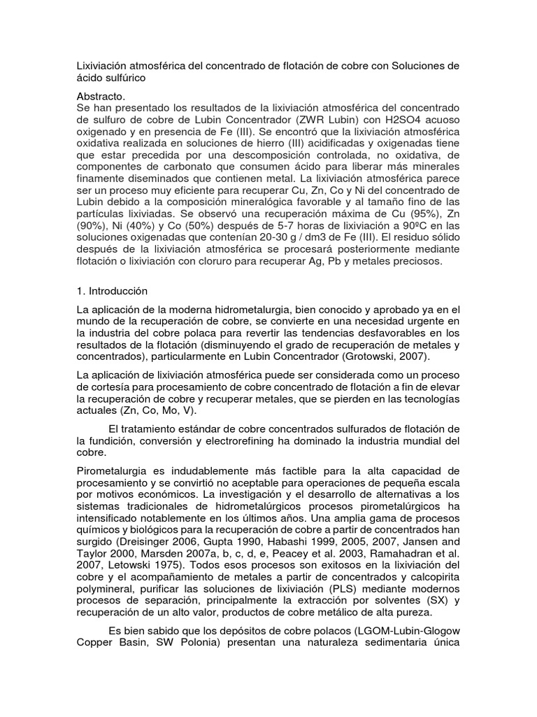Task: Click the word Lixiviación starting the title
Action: (102, 67)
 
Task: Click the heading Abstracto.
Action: (101, 95)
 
